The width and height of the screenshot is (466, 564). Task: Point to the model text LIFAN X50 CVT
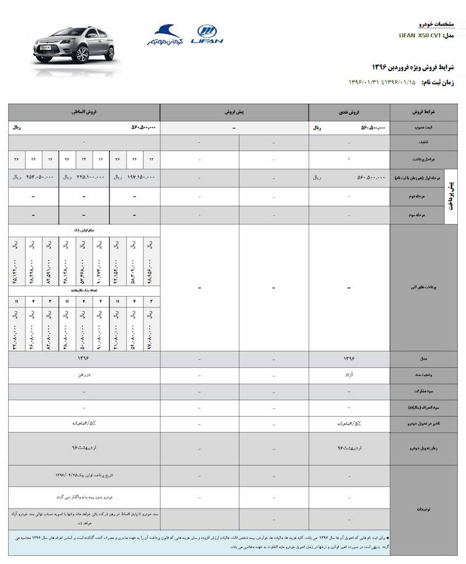click(x=419, y=36)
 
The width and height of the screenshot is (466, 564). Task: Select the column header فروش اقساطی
click(x=84, y=111)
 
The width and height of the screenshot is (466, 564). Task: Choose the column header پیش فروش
click(x=234, y=111)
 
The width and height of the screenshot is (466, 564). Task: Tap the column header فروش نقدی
click(x=349, y=111)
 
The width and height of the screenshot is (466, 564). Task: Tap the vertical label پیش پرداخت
click(x=453, y=197)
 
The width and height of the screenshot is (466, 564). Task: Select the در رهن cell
click(x=84, y=375)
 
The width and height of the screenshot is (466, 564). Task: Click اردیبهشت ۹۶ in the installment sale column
click(x=84, y=449)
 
